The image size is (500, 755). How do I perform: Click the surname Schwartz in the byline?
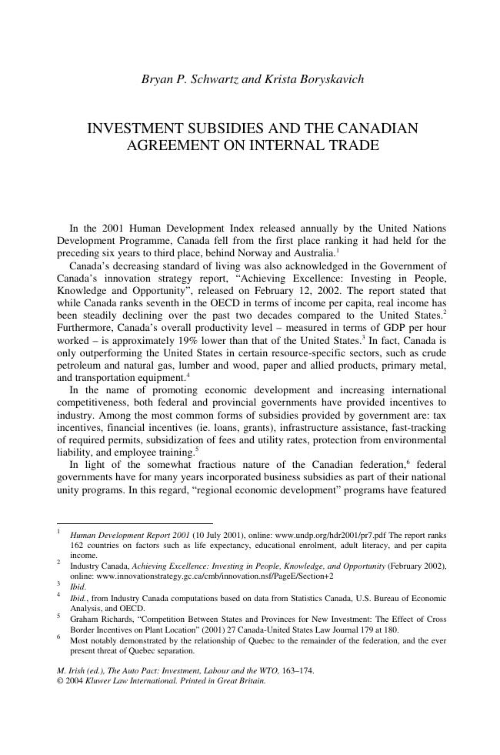[213, 79]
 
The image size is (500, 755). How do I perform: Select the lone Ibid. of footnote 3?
[78, 586]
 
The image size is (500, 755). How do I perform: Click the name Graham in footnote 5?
[85, 618]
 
